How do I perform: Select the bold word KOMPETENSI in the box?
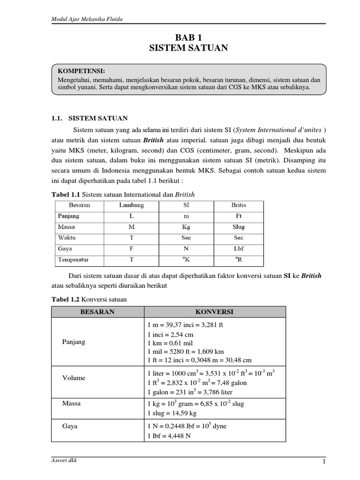81,71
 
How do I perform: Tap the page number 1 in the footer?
323,462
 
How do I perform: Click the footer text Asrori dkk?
64,460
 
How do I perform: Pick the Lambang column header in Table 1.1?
132,205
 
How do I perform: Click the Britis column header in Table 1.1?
238,205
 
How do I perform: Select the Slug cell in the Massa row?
238,227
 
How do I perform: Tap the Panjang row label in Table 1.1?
68,216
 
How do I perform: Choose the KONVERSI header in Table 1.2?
214,312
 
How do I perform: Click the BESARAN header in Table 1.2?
97,312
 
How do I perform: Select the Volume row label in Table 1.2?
74,378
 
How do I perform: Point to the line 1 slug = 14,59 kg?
172,413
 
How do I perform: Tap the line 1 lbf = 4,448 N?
169,435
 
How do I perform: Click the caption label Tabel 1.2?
64,299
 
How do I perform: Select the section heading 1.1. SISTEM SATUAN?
90,118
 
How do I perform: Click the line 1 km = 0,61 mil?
170,343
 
